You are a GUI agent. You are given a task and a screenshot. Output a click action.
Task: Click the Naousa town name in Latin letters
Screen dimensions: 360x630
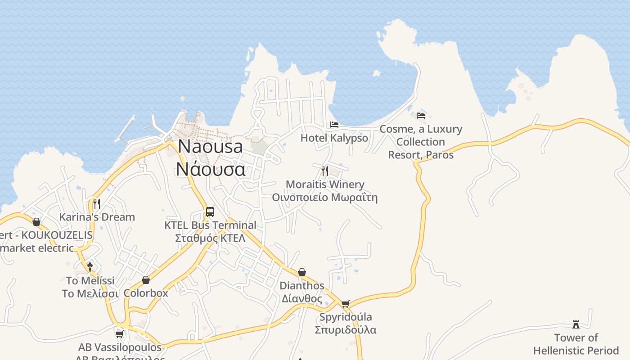[x=210, y=147]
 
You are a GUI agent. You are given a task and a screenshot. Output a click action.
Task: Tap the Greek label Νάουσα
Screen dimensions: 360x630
[x=211, y=169]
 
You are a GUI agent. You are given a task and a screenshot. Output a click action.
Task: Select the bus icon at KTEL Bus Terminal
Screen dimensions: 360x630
[x=210, y=211]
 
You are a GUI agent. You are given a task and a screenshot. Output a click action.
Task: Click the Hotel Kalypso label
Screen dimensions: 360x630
[x=334, y=138]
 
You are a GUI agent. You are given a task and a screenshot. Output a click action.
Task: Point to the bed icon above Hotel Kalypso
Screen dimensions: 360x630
[x=334, y=124]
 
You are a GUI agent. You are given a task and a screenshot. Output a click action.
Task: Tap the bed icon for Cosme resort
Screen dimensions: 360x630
[x=421, y=115]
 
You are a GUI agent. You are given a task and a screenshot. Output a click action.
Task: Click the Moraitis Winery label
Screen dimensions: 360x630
[x=325, y=184]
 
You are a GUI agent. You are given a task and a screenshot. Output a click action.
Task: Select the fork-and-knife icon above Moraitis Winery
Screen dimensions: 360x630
[x=325, y=171]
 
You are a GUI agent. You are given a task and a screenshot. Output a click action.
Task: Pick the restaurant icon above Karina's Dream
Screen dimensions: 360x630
[x=97, y=203]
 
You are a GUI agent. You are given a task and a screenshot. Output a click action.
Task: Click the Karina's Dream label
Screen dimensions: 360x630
[x=97, y=217]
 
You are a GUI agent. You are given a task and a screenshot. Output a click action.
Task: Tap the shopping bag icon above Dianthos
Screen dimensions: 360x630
[x=302, y=272]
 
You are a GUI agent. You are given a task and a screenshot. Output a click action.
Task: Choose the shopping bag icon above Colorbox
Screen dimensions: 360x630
[x=146, y=280]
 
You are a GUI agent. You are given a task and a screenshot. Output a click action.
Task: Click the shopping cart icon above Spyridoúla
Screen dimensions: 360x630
[x=345, y=304]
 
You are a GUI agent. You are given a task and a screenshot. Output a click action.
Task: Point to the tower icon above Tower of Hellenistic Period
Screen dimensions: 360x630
[x=576, y=324]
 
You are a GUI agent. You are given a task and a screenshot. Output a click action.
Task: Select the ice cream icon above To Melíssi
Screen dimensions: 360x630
[x=90, y=267]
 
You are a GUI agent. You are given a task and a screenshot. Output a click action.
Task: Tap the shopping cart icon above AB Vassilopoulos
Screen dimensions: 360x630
[x=120, y=334]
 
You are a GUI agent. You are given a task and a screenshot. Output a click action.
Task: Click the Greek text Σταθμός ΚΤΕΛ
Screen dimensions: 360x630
[x=210, y=238]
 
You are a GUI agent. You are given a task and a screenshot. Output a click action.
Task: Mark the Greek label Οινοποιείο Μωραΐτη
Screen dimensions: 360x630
[x=324, y=198]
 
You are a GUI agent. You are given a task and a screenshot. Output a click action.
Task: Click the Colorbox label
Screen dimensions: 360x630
[x=146, y=293]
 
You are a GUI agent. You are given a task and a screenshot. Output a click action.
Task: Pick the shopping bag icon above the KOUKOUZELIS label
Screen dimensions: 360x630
[x=36, y=222]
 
